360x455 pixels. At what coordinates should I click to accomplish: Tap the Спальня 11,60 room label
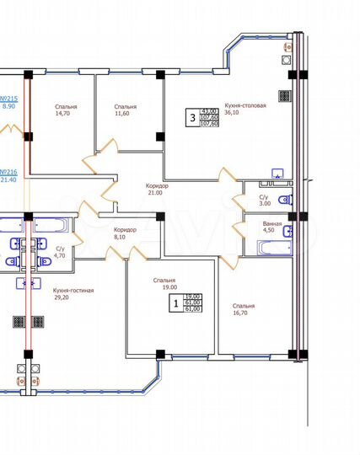(125, 112)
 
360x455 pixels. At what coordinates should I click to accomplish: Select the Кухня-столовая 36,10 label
(245, 110)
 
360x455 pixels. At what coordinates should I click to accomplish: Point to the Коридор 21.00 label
(157, 190)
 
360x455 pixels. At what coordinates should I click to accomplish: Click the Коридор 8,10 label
(126, 233)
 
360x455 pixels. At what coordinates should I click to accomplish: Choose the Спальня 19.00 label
(164, 285)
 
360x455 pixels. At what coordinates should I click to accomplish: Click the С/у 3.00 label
(264, 200)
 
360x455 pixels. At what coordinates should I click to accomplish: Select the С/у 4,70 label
(60, 252)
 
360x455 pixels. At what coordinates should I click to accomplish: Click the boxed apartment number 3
(192, 119)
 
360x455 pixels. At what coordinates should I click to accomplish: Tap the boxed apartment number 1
(175, 302)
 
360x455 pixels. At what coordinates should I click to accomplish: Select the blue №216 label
(8, 174)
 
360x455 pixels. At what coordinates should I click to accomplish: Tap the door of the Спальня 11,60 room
(105, 152)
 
